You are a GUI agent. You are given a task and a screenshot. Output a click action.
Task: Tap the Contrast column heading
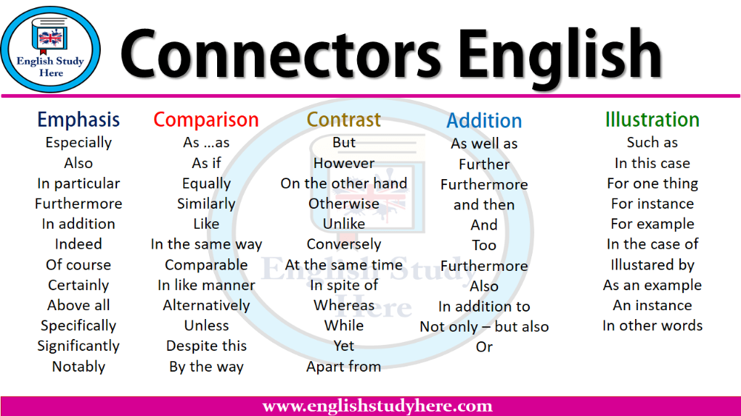point(344,120)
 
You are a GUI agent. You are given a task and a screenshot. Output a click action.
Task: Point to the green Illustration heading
point(652,120)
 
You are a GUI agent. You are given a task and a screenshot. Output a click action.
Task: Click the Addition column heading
point(484,121)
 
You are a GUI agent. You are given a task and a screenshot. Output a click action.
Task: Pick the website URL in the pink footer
point(377,406)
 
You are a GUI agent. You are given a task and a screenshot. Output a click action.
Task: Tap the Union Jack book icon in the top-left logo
point(50,35)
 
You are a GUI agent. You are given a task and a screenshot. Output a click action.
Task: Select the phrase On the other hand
point(344,184)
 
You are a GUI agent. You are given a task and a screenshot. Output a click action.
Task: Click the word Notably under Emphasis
point(79,366)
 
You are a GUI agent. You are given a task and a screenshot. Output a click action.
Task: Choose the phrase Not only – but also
point(484,326)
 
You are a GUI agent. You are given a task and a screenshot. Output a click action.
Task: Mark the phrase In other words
point(652,326)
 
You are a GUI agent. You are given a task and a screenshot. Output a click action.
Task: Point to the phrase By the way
point(206,366)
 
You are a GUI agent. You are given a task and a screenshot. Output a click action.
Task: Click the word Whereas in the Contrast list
point(344,305)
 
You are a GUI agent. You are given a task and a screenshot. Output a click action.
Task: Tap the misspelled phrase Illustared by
point(652,265)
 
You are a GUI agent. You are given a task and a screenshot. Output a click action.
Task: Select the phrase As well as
point(484,144)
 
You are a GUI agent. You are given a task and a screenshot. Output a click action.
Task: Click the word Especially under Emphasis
point(79,143)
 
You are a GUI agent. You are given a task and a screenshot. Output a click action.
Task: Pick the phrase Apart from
point(344,366)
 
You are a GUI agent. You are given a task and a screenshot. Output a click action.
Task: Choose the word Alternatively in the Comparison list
point(206,306)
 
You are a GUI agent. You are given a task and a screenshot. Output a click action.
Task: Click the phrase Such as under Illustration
point(652,142)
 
